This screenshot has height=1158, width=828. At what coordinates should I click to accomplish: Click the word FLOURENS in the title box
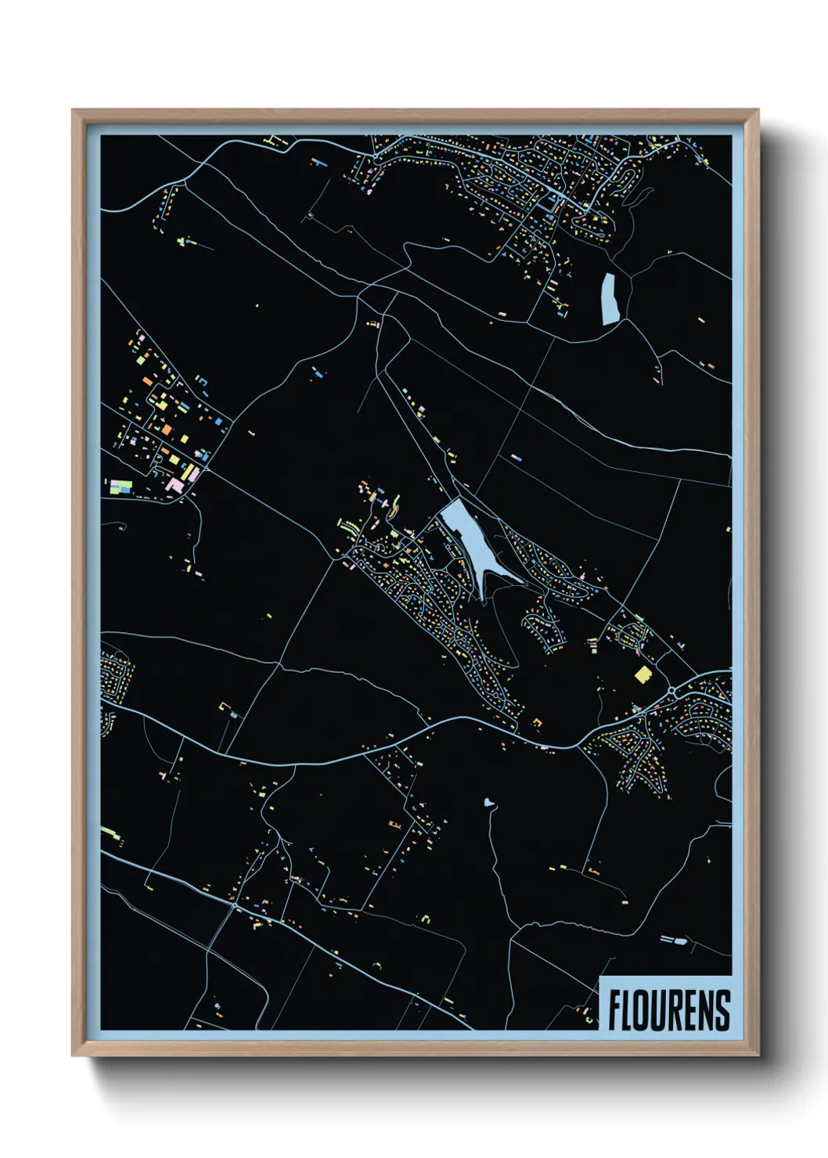(x=669, y=1010)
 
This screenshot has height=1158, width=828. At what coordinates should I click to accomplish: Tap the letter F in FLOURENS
(x=614, y=1010)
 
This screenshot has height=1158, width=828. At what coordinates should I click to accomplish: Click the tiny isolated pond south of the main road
(x=489, y=802)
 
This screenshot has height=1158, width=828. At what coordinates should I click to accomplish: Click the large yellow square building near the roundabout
(x=643, y=674)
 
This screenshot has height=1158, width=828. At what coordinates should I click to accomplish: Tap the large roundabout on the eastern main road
(x=673, y=691)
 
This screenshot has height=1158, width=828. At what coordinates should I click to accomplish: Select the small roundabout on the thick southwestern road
(x=235, y=905)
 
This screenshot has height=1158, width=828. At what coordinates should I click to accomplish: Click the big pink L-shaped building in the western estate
(x=175, y=487)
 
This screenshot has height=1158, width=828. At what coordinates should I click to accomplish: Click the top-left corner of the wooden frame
(x=73, y=110)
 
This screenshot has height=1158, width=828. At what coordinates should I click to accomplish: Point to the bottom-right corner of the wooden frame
(x=758, y=1056)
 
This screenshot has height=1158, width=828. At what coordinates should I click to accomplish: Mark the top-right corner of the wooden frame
(x=758, y=110)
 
